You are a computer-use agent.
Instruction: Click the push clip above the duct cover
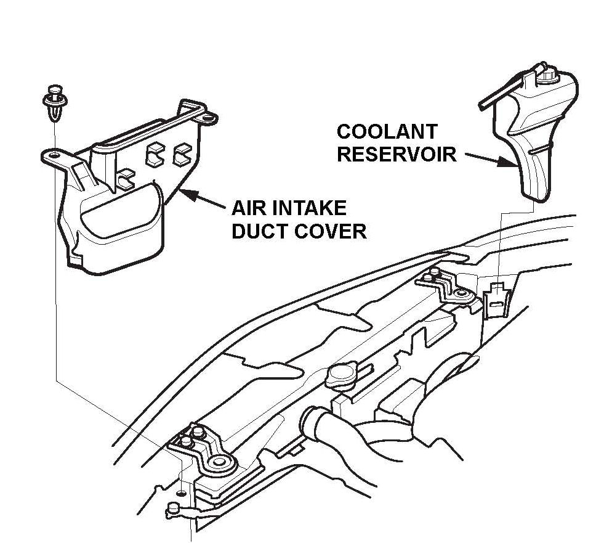pyautogui.click(x=55, y=102)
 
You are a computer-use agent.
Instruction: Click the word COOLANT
pyautogui.click(x=387, y=132)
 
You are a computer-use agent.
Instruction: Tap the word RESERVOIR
pyautogui.click(x=397, y=153)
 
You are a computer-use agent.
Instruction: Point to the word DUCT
pyautogui.click(x=257, y=231)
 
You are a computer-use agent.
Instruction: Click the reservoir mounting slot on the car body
pyautogui.click(x=494, y=296)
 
